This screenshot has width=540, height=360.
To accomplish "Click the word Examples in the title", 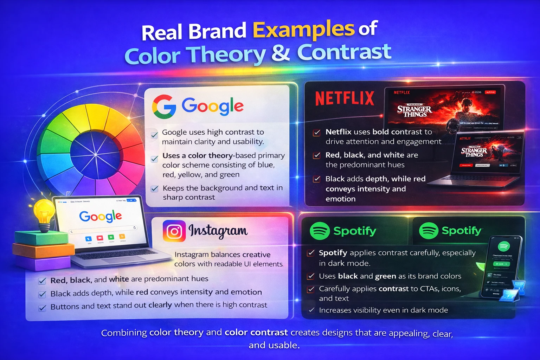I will pos(303,30).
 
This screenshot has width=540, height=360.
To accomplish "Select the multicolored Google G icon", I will pos(164,107).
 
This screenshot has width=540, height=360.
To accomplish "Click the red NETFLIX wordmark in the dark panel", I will pos(345,98).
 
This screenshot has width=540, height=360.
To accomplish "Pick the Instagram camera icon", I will pos(174,231).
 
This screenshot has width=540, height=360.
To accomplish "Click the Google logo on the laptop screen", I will pos(101,216).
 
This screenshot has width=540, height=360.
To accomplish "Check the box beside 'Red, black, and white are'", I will pos(317,155).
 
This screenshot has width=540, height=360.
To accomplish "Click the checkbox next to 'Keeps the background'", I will pos(154,189).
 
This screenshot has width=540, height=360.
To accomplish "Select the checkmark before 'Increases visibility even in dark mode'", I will pos(311,310).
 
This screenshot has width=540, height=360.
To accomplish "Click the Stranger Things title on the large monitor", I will pos(414,111).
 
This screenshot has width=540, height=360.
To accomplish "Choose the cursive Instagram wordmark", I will pos(218,231).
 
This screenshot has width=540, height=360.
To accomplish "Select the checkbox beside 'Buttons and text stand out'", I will pos(43,308).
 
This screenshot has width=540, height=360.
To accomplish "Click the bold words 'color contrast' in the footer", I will pos(256,332).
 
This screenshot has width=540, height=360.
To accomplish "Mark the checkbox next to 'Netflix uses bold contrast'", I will pos(317,133).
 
